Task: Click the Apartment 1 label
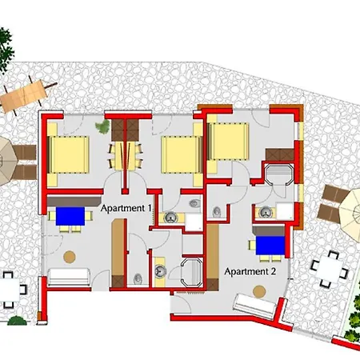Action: pos(126,208)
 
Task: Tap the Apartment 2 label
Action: pos(250,271)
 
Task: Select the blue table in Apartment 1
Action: pos(70,216)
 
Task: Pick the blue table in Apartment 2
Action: pos(270,246)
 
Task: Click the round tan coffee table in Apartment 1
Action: pos(70,257)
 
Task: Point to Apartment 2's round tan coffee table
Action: pos(259,292)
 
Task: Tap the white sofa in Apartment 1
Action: pos(69,277)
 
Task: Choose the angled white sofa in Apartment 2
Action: pos(254,306)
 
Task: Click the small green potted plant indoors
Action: pos(103,126)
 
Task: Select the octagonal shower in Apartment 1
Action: pos(192,272)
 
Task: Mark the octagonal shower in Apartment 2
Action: pos(279,174)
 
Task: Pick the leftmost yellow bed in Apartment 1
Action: pos(68,154)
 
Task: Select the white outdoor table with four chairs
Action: pos(330,270)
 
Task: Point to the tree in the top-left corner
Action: pos(6,50)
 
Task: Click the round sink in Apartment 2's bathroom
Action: pos(265,212)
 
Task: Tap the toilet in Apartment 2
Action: pos(217,212)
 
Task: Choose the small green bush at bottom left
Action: pos(17,321)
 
